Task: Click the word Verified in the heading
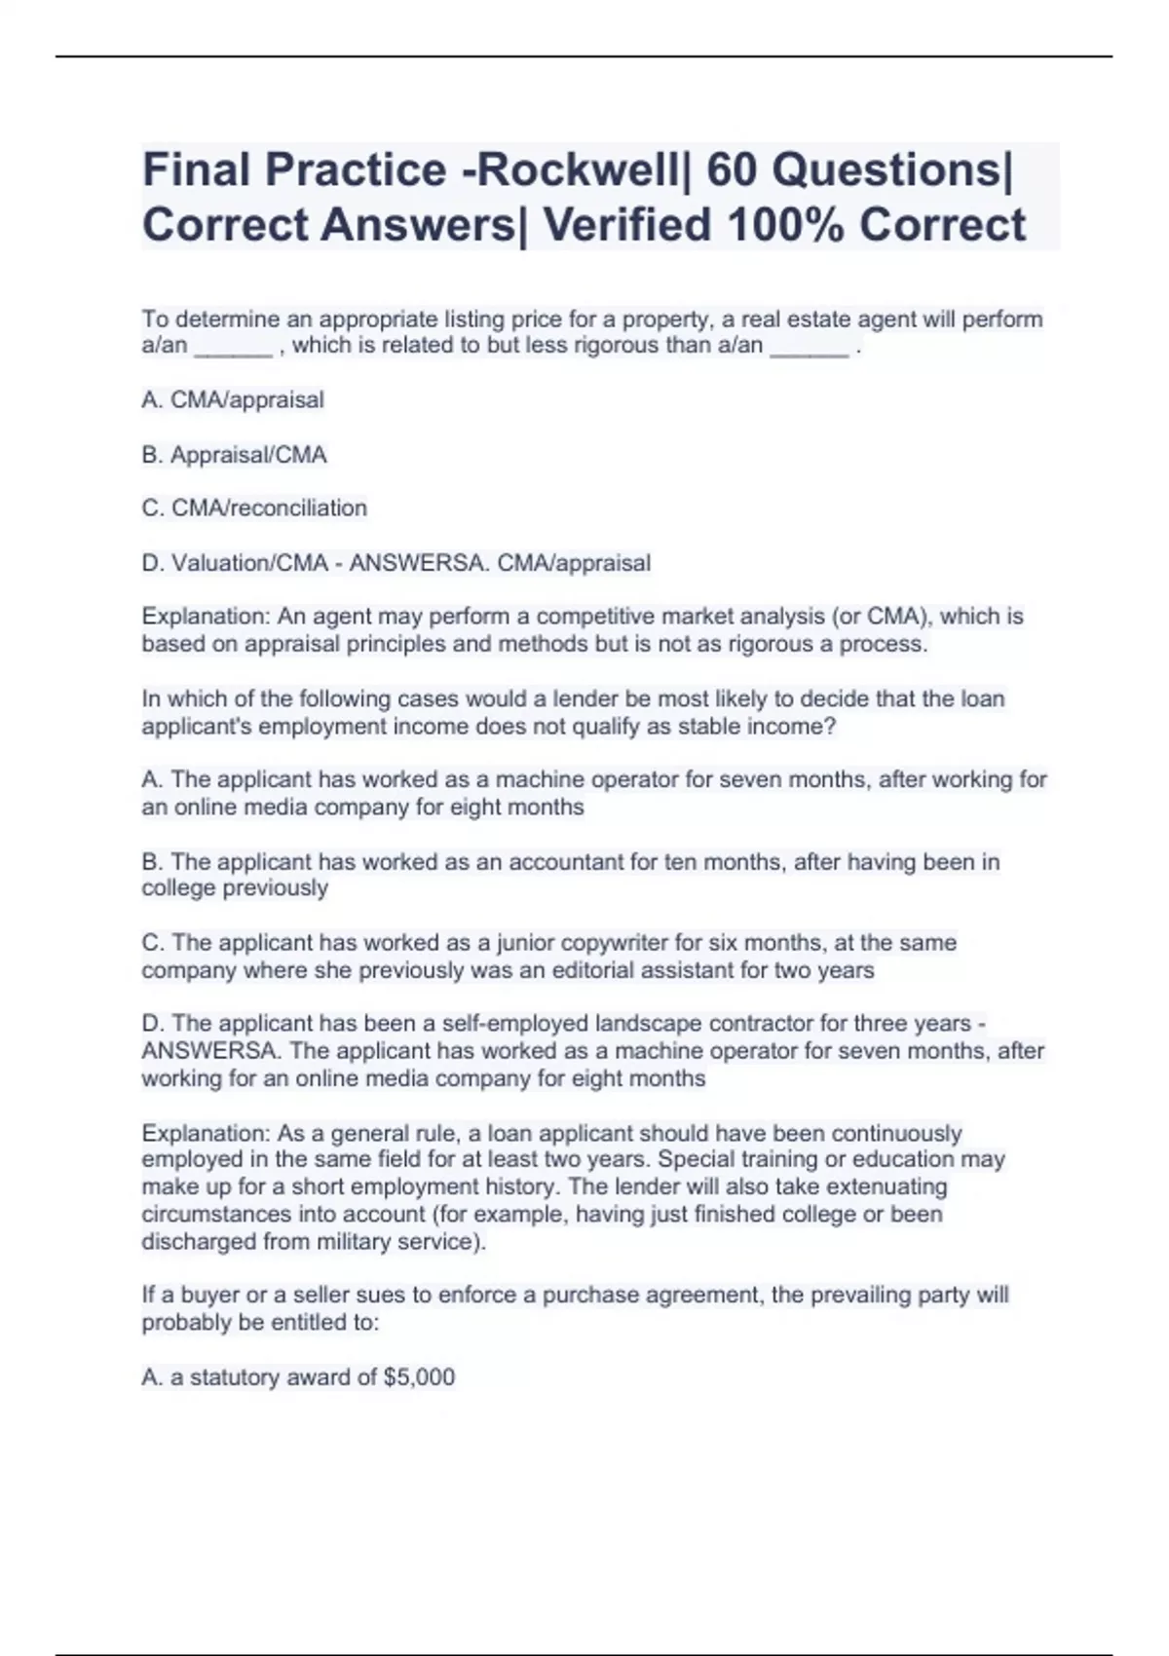(x=626, y=225)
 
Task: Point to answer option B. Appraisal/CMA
(x=234, y=455)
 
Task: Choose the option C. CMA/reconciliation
(x=254, y=508)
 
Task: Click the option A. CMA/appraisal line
(x=233, y=399)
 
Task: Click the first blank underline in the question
(x=234, y=347)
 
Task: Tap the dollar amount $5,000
(x=419, y=1377)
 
